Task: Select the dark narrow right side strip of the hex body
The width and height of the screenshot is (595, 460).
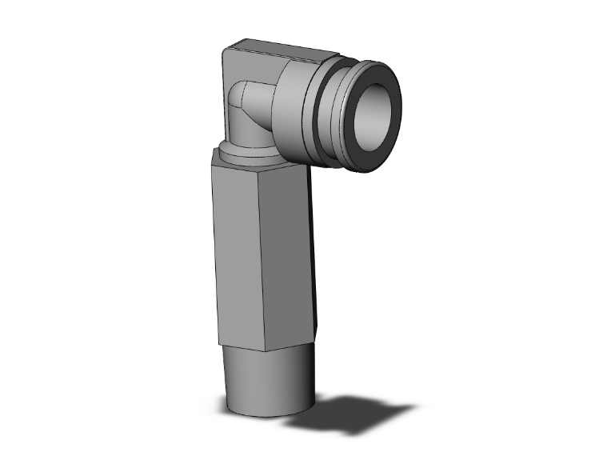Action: coord(317,256)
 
